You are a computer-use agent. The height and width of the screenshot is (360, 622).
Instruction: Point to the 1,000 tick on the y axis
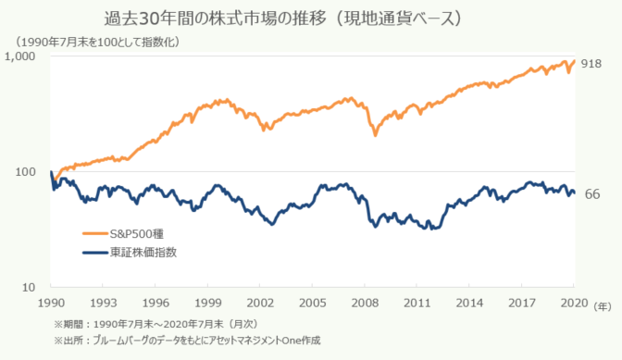pyautogui.click(x=22, y=57)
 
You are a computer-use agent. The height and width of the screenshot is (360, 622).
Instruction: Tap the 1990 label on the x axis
pyautogui.click(x=50, y=302)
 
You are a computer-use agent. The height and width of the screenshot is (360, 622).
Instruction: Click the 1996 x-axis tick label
pyautogui.click(x=155, y=302)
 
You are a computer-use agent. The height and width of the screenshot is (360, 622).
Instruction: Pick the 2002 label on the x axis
pyautogui.click(x=260, y=302)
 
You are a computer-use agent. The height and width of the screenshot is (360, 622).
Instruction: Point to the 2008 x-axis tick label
pyautogui.click(x=366, y=302)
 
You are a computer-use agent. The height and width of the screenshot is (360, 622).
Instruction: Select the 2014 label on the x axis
pyautogui.click(x=470, y=302)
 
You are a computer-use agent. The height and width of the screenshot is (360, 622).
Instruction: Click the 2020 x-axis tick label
pyautogui.click(x=575, y=302)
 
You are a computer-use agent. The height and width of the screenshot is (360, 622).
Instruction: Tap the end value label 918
pyautogui.click(x=592, y=63)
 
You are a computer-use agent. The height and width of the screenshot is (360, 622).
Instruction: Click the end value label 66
pyautogui.click(x=593, y=193)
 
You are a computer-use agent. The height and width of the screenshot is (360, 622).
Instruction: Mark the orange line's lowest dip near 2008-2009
pyautogui.click(x=375, y=135)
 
